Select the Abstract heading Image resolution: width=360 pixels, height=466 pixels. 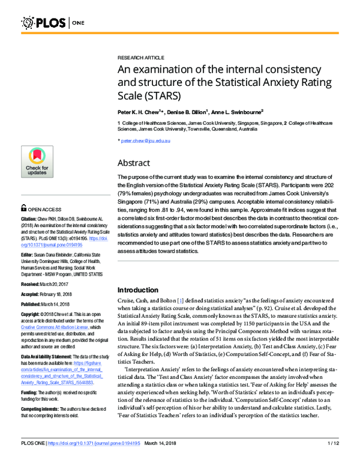coord(133,162)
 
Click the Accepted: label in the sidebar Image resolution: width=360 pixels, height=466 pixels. coord(31,294)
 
